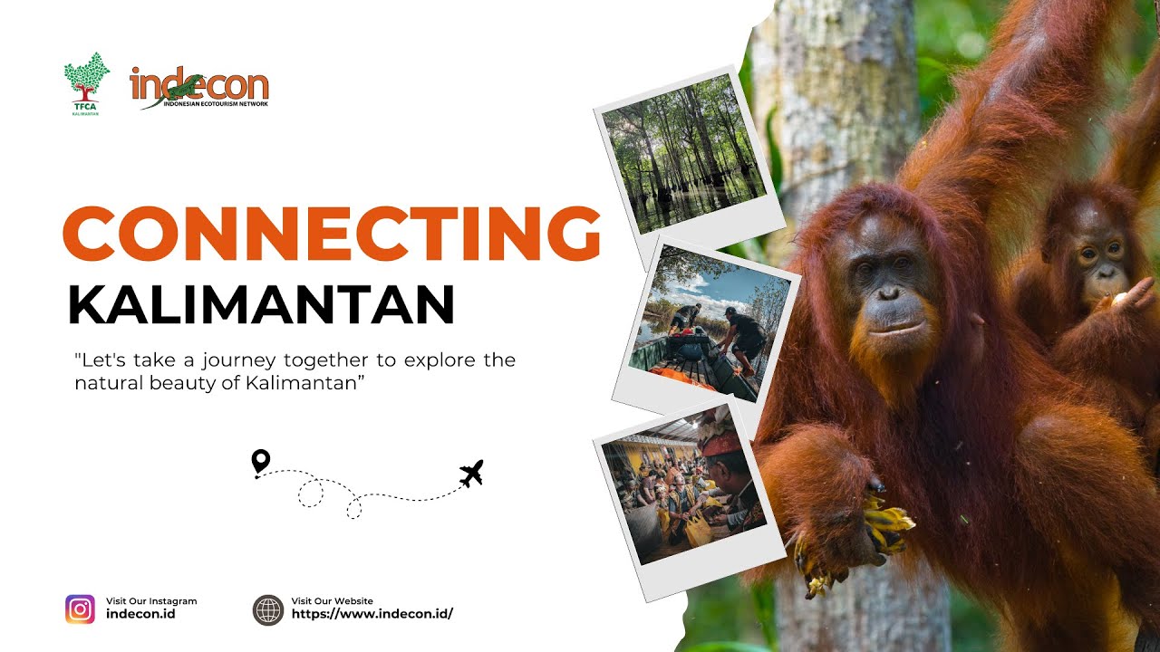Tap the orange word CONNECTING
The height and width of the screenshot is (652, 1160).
[331, 233]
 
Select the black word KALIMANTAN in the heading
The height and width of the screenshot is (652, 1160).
[261, 305]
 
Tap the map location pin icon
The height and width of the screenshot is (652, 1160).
[261, 462]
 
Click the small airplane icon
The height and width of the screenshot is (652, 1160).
[471, 473]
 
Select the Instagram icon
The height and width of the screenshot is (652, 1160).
[80, 609]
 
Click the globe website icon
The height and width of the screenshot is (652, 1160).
[268, 609]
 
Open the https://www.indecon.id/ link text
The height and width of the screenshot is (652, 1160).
[372, 614]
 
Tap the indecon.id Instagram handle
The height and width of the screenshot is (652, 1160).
[140, 614]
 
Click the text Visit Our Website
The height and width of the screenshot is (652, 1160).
[332, 601]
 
